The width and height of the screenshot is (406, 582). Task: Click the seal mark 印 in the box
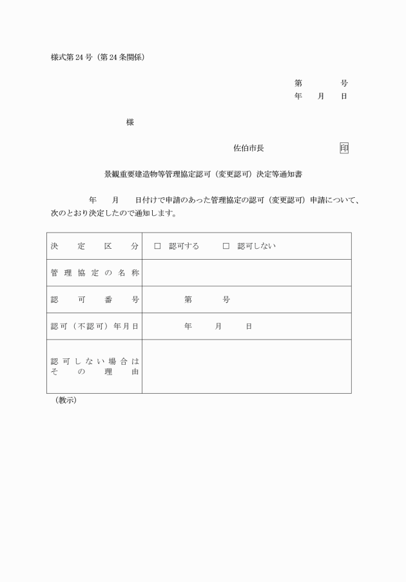coord(344,148)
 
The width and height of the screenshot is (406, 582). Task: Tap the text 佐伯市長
coord(248,148)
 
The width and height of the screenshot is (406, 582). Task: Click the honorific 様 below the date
coord(130,122)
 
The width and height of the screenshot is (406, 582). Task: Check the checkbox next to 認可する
coord(157,246)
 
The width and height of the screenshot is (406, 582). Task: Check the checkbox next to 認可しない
coord(226,246)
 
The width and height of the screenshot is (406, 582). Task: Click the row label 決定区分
coord(94,246)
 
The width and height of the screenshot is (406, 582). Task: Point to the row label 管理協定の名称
coord(94,273)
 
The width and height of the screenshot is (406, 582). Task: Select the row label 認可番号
coord(94,300)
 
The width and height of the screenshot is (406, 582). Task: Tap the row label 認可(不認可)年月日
coord(94,326)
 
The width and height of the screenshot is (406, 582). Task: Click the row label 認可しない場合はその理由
coord(94,367)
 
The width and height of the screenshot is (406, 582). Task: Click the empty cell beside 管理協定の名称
coord(246,273)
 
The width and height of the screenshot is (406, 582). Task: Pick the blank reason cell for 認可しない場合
coord(246,367)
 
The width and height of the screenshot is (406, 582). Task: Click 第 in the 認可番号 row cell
coord(188,300)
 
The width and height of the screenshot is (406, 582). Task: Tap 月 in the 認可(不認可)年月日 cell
coord(219,326)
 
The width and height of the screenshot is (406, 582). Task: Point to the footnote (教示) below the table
coord(66,400)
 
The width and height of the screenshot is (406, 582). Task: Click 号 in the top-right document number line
coord(344,83)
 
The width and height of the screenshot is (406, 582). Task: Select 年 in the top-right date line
coord(298,96)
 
